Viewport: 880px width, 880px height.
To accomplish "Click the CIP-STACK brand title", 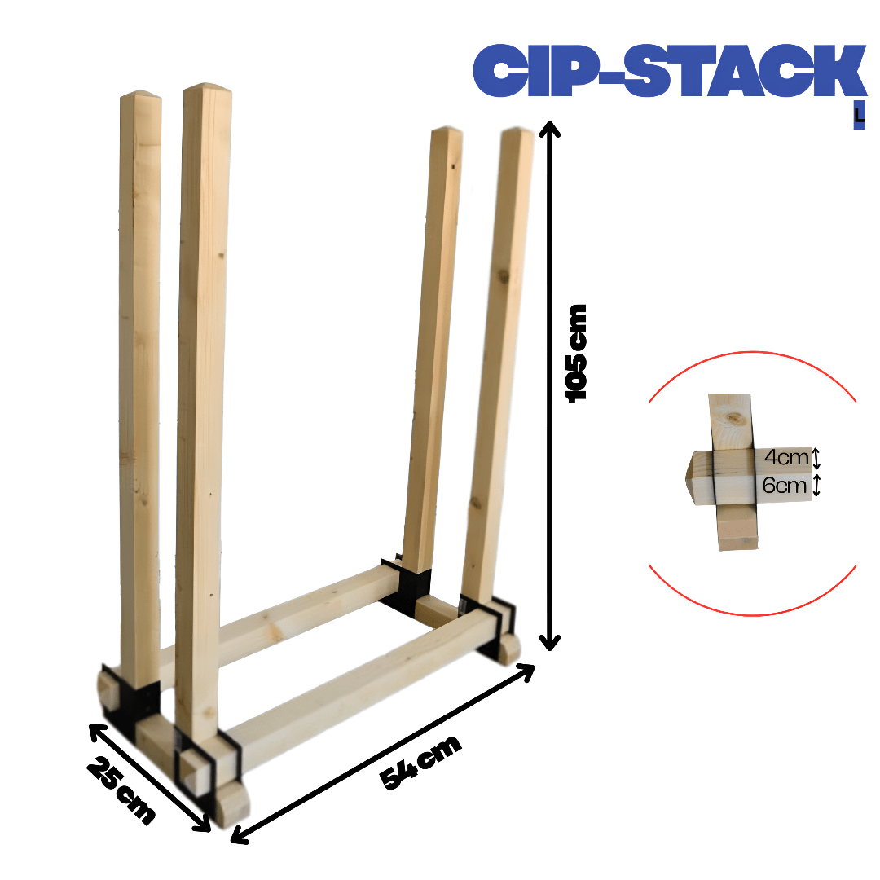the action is [x=670, y=70].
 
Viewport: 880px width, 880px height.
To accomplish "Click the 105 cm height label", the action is [x=576, y=354].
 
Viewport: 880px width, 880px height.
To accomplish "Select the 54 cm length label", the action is [x=420, y=761].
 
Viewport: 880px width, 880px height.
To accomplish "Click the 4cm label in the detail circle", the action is [x=785, y=457].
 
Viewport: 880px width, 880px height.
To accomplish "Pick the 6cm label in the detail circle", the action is [x=785, y=485].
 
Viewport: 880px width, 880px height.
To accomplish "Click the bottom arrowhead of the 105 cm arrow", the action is [x=549, y=643].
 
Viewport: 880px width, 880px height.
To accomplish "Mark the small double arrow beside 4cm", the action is [x=816, y=458].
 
